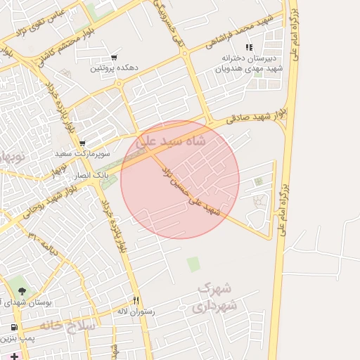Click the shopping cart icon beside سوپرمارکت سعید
click(82, 142)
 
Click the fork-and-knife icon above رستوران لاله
click(136, 300)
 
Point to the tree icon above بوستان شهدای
click(21, 290)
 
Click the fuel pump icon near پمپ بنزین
click(14, 328)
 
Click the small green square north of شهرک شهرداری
click(193, 264)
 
